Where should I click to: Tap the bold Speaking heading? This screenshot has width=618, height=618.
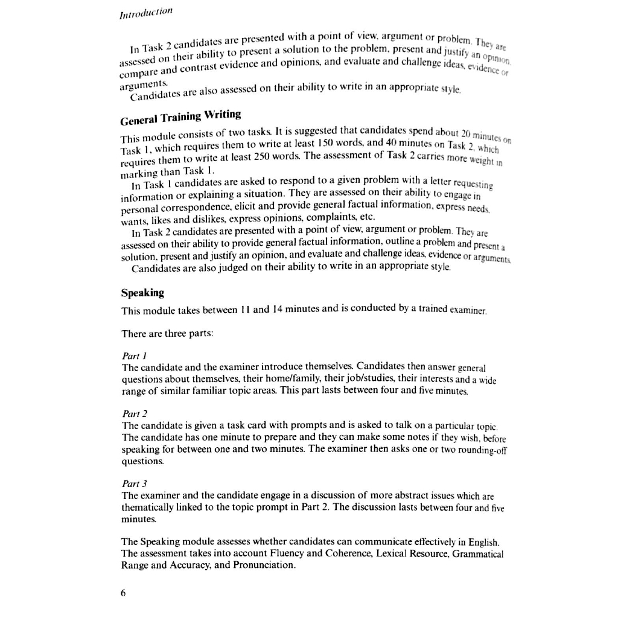click(142, 293)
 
